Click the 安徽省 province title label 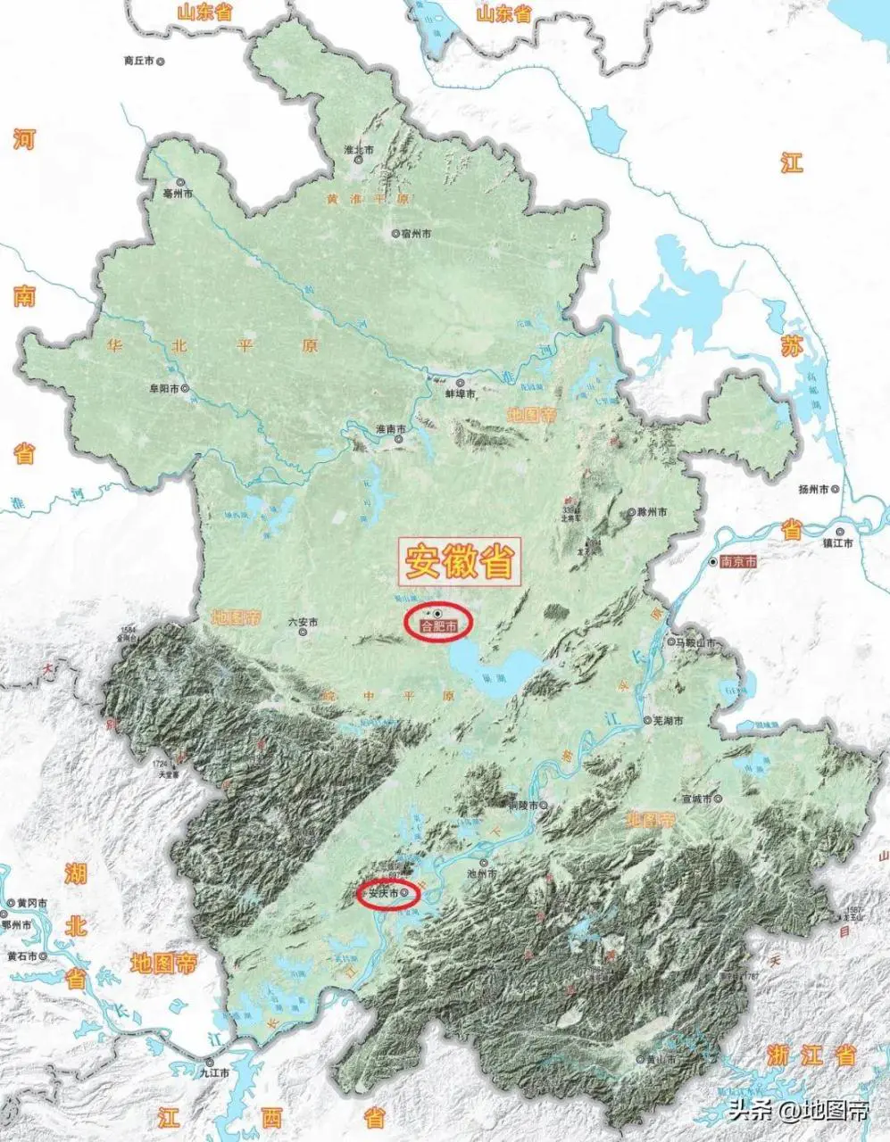click(x=461, y=561)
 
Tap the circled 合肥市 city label click(x=438, y=627)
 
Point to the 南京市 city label click(x=738, y=562)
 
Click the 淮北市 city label click(x=362, y=151)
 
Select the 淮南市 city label click(x=391, y=429)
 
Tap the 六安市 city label click(x=303, y=622)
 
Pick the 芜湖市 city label click(x=668, y=720)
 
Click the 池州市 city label click(x=481, y=874)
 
